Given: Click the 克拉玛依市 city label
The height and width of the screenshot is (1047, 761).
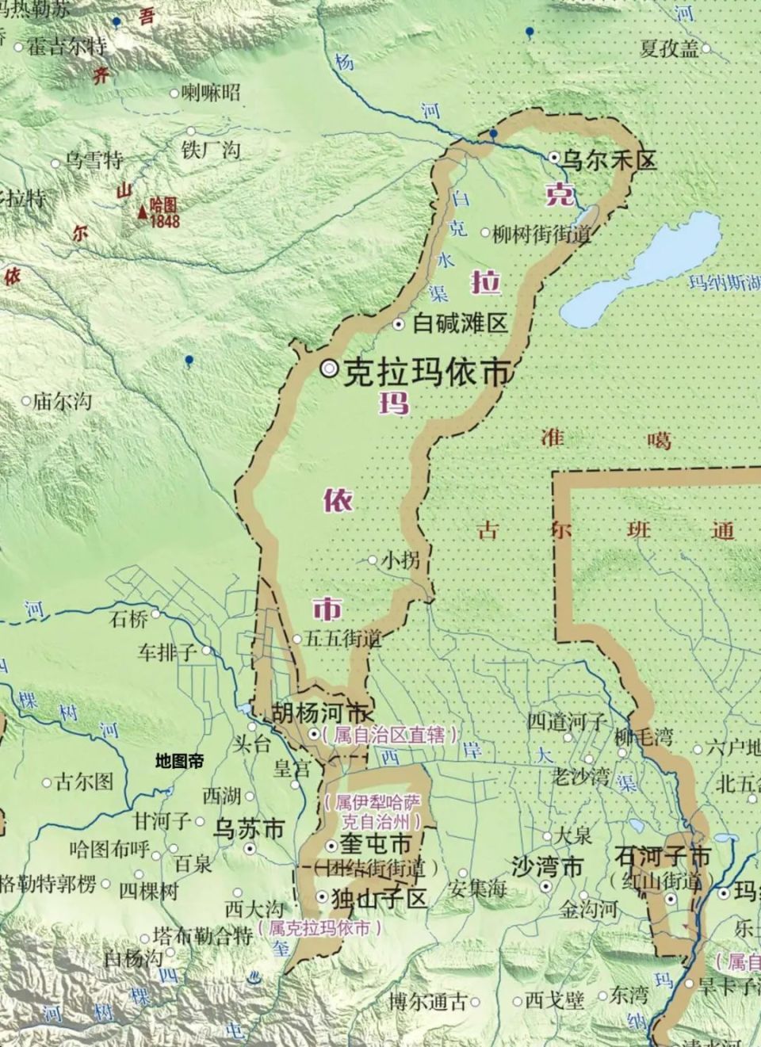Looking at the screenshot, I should (426, 371).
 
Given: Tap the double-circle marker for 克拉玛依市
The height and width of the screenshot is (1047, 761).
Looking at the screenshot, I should (330, 369).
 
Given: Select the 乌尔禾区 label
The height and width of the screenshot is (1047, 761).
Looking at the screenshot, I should (609, 161).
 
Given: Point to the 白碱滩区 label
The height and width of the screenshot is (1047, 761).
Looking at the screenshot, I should (461, 323).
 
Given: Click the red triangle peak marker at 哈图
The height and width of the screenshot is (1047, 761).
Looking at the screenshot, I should (142, 211).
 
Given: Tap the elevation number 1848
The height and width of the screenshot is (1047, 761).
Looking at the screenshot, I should (165, 221).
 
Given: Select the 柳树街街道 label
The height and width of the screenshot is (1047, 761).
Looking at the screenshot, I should (541, 234).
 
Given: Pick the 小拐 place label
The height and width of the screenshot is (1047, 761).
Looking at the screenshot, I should (400, 560).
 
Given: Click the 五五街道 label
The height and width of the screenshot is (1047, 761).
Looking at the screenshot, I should (342, 638).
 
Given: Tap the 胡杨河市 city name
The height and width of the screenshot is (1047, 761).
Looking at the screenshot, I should (319, 712).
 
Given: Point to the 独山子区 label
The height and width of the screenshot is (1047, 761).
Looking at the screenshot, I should (380, 898).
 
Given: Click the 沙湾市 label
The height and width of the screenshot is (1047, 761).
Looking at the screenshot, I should (547, 866).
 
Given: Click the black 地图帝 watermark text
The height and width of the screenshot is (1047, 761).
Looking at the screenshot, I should (179, 762).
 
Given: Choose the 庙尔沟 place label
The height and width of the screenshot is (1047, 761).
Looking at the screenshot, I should (62, 402).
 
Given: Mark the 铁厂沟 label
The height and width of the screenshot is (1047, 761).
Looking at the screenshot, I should (211, 149).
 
